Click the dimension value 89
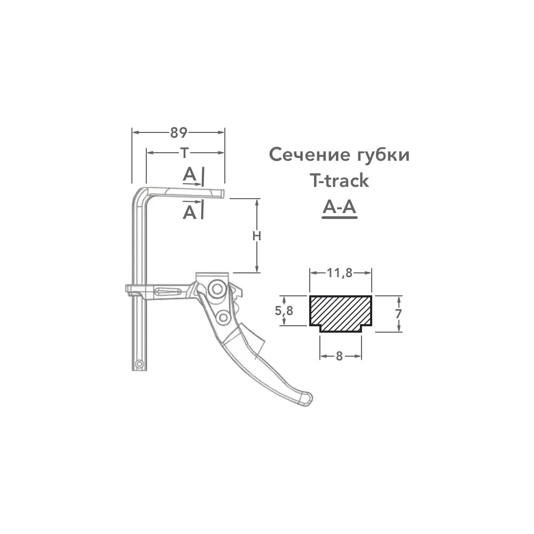point(178,132)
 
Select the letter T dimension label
point(184,153)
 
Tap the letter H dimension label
point(257,235)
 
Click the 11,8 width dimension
point(340,272)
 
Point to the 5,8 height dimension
point(284,310)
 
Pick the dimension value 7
point(398,313)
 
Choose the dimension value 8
point(339,356)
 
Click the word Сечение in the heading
point(309,155)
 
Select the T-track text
point(339,180)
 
